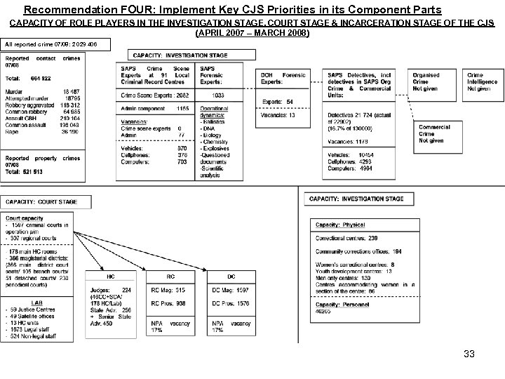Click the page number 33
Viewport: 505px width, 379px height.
pyautogui.click(x=469, y=354)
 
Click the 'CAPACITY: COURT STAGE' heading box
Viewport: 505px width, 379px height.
pyautogui.click(x=42, y=201)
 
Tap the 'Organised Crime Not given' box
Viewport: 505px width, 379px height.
pyautogui.click(x=426, y=82)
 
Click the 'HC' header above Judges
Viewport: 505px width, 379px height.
pyautogui.click(x=112, y=275)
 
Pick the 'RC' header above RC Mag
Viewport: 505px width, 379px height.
pyautogui.click(x=171, y=275)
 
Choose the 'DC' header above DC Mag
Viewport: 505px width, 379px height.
pyautogui.click(x=231, y=275)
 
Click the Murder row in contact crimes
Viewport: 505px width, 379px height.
pyautogui.click(x=42, y=91)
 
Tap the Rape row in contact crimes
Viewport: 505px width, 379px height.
pyautogui.click(x=42, y=131)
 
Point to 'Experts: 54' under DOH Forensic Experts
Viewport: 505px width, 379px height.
pyautogui.click(x=278, y=102)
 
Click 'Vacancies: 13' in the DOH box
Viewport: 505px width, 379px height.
pyautogui.click(x=279, y=114)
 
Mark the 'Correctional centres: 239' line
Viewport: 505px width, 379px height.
pyautogui.click(x=348, y=239)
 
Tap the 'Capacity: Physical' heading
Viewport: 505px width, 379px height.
pyautogui.click(x=340, y=225)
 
